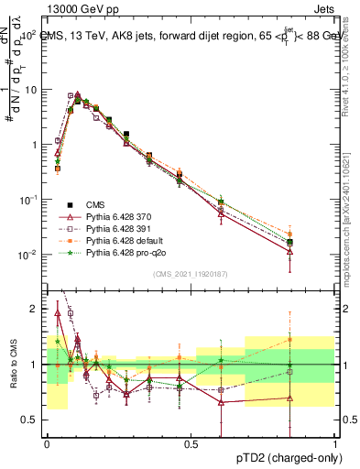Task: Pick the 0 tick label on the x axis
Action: pos(47,443)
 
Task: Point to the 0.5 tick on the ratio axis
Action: pos(31,420)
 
